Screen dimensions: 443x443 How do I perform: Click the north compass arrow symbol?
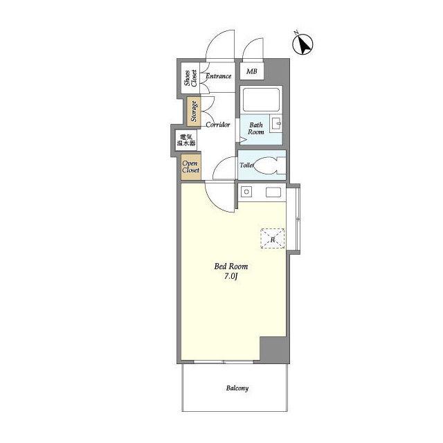pyautogui.click(x=302, y=44)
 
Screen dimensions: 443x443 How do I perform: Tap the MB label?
pyautogui.click(x=252, y=71)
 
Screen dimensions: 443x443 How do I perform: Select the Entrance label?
pyautogui.click(x=219, y=76)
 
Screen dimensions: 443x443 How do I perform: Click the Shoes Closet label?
pyautogui.click(x=190, y=78)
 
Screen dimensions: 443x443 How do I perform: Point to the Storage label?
pyautogui.click(x=194, y=111)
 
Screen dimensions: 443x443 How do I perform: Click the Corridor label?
pyautogui.click(x=218, y=125)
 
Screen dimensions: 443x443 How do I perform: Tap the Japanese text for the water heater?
pyautogui.click(x=186, y=140)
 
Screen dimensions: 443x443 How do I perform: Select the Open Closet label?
pyautogui.click(x=191, y=167)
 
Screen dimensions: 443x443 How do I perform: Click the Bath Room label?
pyautogui.click(x=256, y=128)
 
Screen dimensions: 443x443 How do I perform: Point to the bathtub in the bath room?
pyautogui.click(x=261, y=100)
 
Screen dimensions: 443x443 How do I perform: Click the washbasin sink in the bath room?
pyautogui.click(x=275, y=123)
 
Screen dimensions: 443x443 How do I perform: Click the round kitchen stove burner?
pyautogui.click(x=246, y=192)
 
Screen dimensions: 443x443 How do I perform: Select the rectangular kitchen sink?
pyautogui.click(x=273, y=192)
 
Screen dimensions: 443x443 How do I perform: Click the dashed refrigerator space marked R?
pyautogui.click(x=273, y=238)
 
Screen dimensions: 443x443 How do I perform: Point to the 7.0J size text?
pyautogui.click(x=230, y=276)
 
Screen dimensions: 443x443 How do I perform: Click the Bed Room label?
pyautogui.click(x=231, y=266)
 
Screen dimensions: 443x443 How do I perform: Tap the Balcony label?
pyautogui.click(x=237, y=388)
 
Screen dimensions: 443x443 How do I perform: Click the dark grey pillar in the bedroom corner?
pyautogui.click(x=274, y=350)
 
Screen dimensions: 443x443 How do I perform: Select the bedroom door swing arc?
pyautogui.click(x=214, y=203)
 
